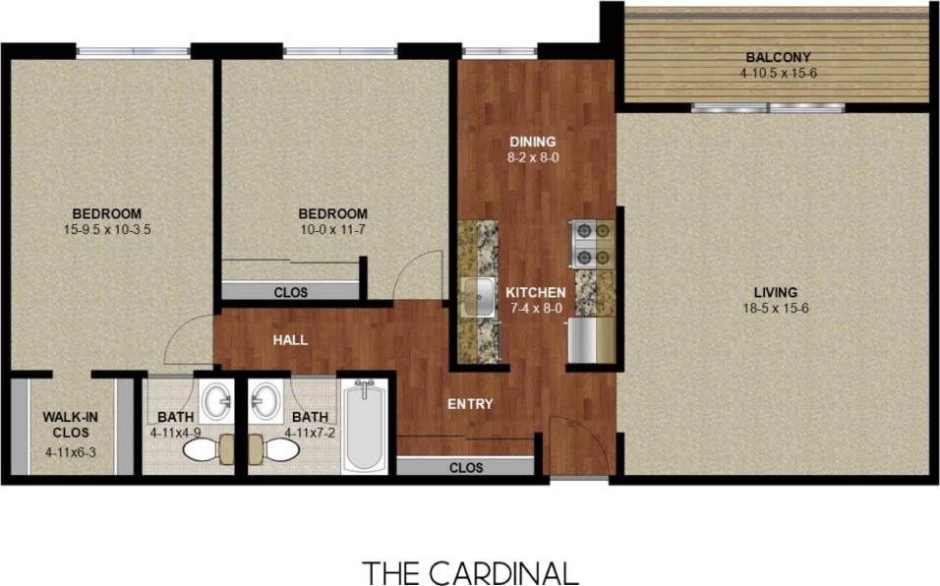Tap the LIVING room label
tap(775, 292)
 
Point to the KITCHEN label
tap(535, 293)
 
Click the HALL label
tap(291, 340)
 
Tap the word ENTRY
tap(470, 404)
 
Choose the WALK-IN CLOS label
tap(69, 424)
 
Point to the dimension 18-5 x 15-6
tap(775, 309)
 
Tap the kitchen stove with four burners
tap(592, 244)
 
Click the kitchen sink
tap(482, 293)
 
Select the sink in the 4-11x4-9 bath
tap(216, 400)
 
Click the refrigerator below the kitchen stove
tap(591, 339)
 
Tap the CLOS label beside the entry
tap(466, 468)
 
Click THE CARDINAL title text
tap(470, 571)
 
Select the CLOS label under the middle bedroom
tap(290, 292)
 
